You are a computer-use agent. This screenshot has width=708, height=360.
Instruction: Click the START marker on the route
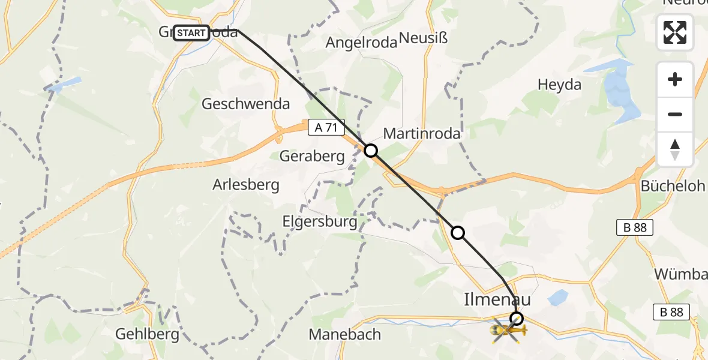[191, 33]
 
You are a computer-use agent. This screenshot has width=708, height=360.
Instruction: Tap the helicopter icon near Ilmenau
[508, 330]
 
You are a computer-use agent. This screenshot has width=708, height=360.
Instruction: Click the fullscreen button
[675, 32]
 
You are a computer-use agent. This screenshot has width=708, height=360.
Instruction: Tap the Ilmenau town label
[497, 298]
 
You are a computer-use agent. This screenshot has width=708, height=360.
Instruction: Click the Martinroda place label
[422, 133]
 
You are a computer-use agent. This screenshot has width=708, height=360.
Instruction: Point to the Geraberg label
[312, 157]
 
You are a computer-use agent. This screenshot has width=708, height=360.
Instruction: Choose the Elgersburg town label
[320, 221]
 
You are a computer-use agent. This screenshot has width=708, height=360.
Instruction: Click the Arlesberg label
[246, 184]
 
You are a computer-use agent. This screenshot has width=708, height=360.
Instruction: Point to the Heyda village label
[559, 85]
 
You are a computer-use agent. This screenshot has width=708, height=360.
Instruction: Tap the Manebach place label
[344, 334]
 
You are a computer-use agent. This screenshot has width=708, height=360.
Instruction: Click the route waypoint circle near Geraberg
[371, 151]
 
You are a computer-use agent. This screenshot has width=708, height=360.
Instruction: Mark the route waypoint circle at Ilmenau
[517, 319]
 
